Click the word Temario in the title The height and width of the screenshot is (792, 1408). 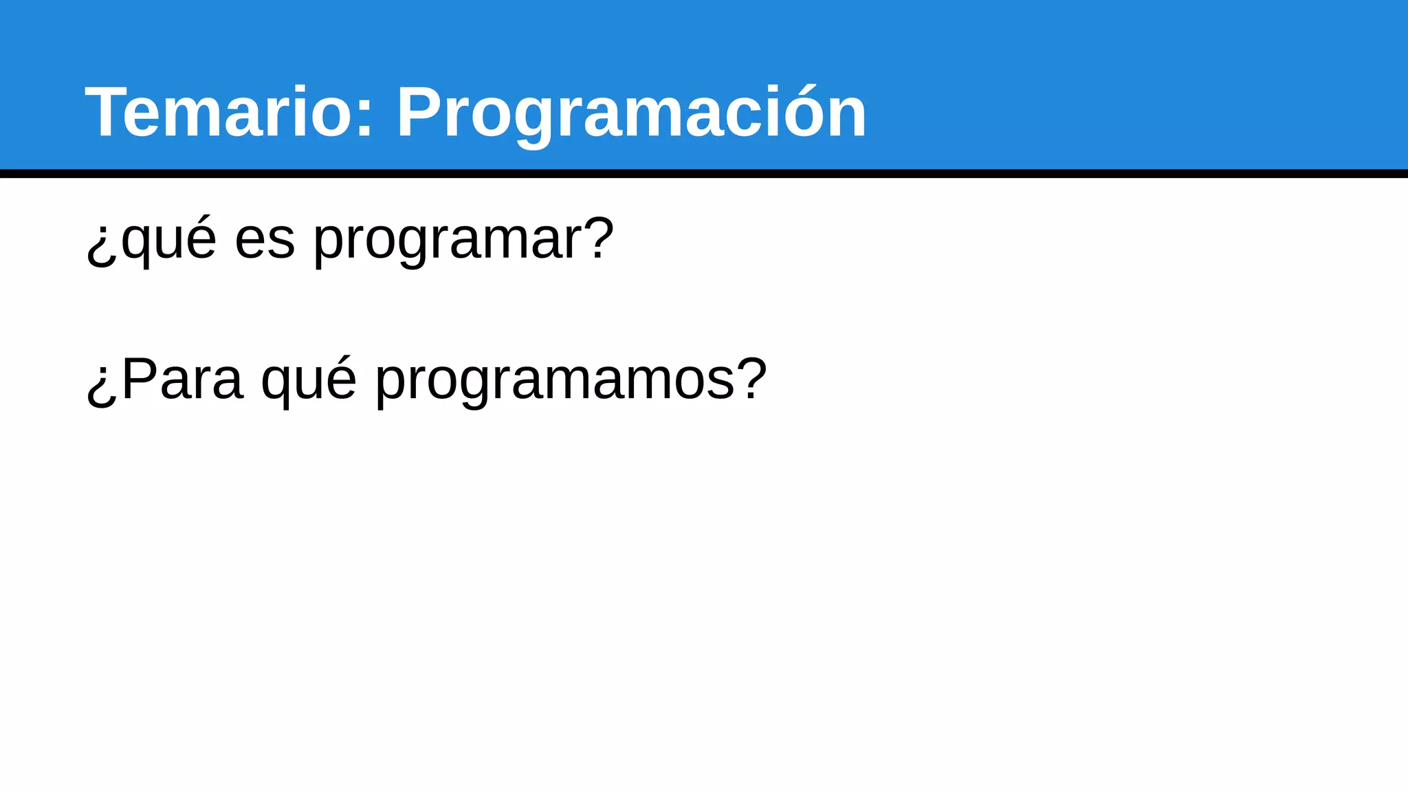coord(219,113)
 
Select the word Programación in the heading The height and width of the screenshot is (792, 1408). coord(631,113)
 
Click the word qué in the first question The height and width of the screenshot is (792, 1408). coord(168,240)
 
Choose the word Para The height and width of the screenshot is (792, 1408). coord(183,379)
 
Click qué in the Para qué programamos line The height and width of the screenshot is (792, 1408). coord(309,380)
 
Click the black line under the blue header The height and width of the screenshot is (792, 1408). coord(704,173)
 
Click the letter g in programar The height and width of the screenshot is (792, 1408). coord(413,245)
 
